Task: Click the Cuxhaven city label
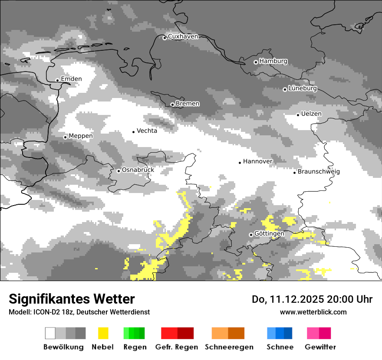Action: [x=183, y=37]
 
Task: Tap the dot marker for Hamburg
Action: [x=256, y=62]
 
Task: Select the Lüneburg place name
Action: [x=303, y=88]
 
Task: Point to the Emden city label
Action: [x=71, y=79]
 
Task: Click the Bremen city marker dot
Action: [x=172, y=105]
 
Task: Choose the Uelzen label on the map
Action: [x=312, y=114]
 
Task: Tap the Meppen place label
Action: [x=81, y=136]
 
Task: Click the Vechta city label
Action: [x=147, y=131]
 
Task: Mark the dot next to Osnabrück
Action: [x=119, y=171]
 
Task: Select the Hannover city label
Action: [x=257, y=162]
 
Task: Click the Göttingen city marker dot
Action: [x=251, y=235]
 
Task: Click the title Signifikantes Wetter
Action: [x=72, y=299]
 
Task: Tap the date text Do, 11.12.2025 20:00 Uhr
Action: [x=312, y=299]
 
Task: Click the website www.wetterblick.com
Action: [x=313, y=312]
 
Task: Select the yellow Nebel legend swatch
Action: [x=103, y=333]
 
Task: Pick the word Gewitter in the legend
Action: [x=320, y=347]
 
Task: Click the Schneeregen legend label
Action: [x=229, y=347]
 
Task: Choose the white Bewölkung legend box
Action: [x=50, y=333]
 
